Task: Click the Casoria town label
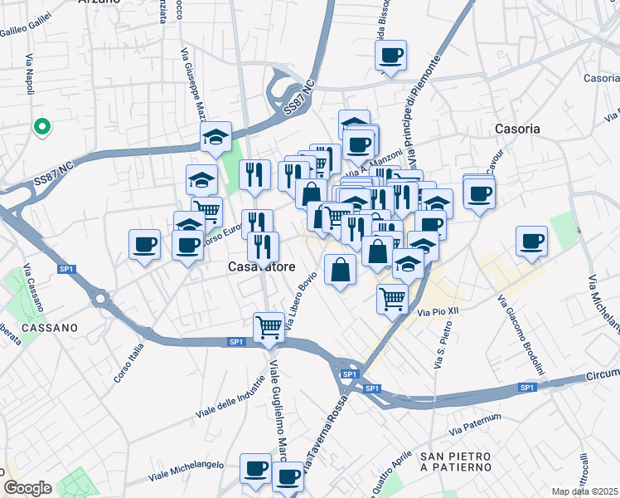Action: (x=516, y=129)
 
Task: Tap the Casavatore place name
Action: (x=258, y=267)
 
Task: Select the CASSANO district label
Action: (x=51, y=328)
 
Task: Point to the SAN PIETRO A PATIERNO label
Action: (x=457, y=462)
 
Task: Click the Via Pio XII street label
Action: (x=438, y=312)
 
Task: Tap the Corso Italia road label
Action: (x=128, y=363)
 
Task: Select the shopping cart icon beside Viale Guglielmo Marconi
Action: (x=269, y=327)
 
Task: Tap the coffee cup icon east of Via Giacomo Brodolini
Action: (x=531, y=241)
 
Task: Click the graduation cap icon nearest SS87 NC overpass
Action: (x=216, y=136)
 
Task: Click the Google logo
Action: (x=27, y=488)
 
